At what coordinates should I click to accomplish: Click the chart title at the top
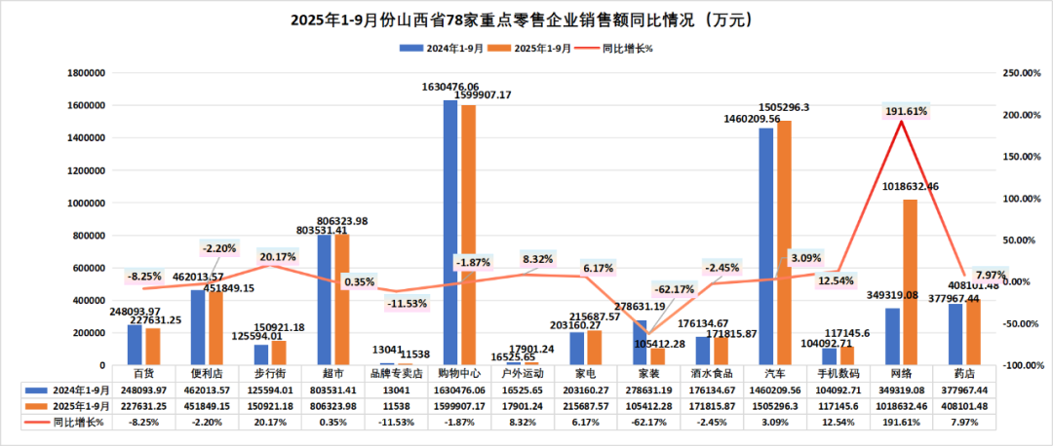pos(526,19)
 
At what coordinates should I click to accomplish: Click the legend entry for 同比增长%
pos(628,48)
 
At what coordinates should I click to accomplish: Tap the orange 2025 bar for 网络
pos(910,282)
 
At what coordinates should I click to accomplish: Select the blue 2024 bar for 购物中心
pos(450,233)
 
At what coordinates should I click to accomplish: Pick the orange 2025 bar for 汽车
pos(785,242)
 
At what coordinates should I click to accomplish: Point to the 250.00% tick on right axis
pos(1022,73)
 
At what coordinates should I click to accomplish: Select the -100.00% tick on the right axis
pos(1022,365)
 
